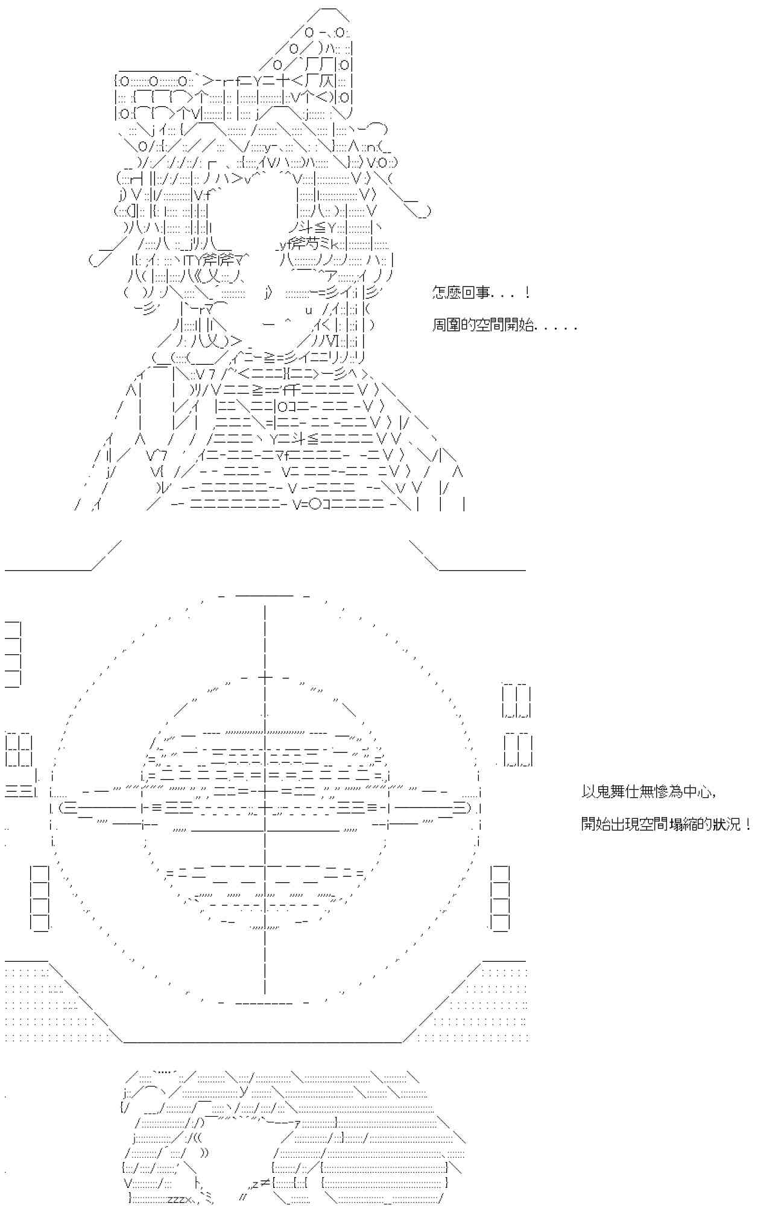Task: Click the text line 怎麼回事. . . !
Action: [x=481, y=294]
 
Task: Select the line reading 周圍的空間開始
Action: [x=504, y=326]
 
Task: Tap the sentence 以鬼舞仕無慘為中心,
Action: [x=649, y=792]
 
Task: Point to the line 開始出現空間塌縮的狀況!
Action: [x=666, y=824]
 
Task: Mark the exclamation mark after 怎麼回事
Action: [x=527, y=294]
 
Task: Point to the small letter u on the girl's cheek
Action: [x=308, y=311]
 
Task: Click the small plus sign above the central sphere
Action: [x=265, y=677]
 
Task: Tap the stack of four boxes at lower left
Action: [x=40, y=898]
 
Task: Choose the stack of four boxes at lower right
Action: [x=500, y=898]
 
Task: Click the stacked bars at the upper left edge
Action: [x=13, y=654]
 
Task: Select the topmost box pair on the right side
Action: [x=517, y=700]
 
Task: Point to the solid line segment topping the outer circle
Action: [x=265, y=595]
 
